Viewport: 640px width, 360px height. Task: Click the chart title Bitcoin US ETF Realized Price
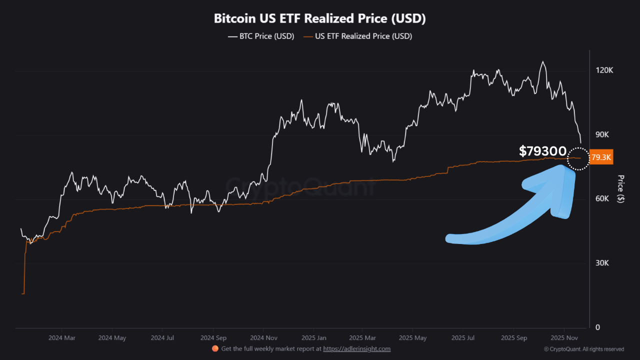pos(319,18)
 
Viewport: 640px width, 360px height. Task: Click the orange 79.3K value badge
pos(601,157)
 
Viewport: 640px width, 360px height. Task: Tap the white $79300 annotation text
pos(542,151)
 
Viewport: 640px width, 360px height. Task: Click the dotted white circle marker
pos(578,158)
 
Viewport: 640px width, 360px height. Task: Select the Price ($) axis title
pos(620,188)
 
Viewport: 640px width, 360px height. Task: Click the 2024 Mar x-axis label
pos(62,337)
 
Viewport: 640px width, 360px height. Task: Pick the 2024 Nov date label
pos(263,337)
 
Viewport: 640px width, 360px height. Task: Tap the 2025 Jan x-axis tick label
pos(313,337)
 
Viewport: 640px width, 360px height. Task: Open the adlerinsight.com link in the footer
pos(356,349)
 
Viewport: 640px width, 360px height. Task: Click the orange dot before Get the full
pos(215,348)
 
